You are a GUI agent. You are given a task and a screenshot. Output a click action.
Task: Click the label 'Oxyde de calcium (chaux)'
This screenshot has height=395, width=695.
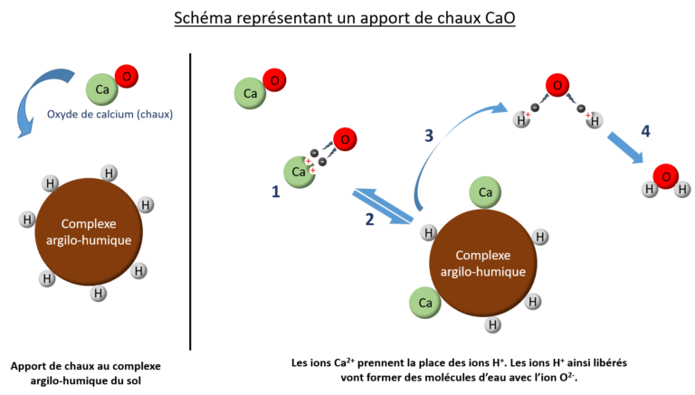(x=109, y=115)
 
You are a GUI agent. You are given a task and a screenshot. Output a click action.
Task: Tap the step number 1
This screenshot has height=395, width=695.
(x=275, y=192)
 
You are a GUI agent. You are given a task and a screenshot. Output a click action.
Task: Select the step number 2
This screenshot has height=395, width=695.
(x=369, y=219)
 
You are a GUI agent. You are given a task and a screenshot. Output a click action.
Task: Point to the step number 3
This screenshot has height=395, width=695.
(x=430, y=136)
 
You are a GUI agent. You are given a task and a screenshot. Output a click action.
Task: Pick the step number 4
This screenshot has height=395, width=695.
(x=644, y=131)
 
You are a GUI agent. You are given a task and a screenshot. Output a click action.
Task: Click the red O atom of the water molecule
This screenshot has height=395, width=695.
(x=665, y=175)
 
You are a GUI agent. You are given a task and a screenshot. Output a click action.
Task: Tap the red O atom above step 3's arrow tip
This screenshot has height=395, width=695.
(x=558, y=87)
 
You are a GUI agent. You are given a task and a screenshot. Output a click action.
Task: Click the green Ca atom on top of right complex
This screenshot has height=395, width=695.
(x=485, y=192)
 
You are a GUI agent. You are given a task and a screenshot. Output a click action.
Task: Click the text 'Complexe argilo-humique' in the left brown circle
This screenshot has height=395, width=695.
(x=90, y=232)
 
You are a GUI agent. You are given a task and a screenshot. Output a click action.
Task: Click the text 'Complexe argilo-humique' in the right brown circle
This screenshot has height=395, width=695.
(x=481, y=263)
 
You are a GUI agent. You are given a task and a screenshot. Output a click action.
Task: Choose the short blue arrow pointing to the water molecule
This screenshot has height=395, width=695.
(x=624, y=148)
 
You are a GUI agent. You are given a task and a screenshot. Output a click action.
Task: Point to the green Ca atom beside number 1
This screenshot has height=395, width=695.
(x=299, y=172)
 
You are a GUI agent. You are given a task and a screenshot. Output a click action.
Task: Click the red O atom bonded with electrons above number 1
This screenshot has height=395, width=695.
(x=344, y=140)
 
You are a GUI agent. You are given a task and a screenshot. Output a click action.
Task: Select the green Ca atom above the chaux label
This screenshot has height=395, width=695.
(x=101, y=89)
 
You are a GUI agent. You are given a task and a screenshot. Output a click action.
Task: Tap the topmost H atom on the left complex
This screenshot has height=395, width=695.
(x=108, y=172)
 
